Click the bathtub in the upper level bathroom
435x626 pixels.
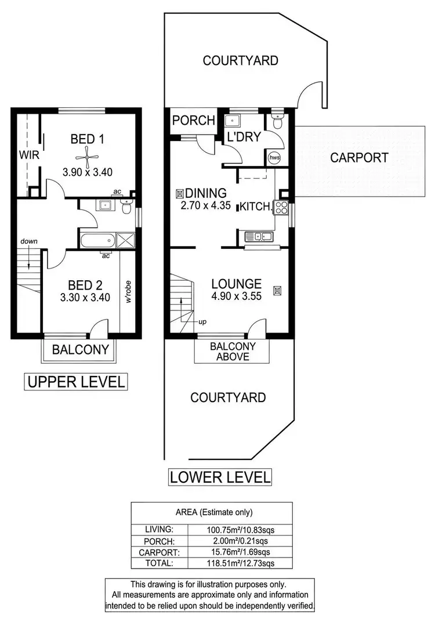point(96,241)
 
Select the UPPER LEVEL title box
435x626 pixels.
point(74,382)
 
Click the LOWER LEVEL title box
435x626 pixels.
point(220,477)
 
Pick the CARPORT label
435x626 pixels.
point(360,157)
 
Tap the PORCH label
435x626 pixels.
point(194,121)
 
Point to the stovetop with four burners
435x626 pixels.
point(281,207)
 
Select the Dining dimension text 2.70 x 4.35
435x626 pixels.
point(204,205)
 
